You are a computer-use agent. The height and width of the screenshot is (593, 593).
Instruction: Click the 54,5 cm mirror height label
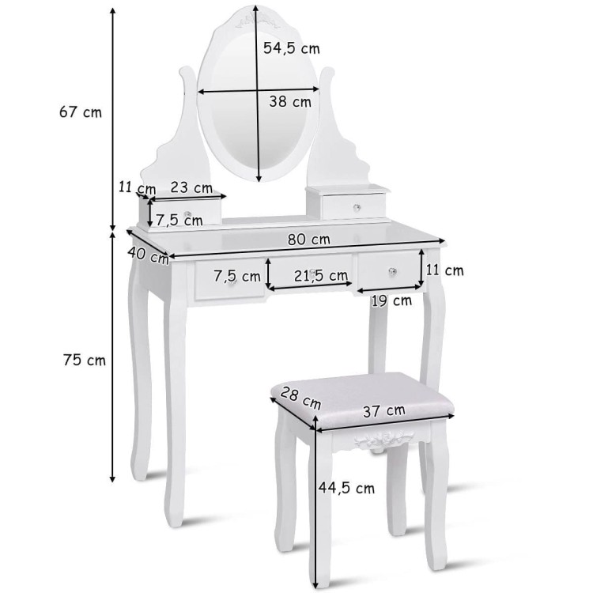tap(292, 48)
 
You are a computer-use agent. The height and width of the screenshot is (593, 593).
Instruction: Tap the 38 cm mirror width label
tap(290, 101)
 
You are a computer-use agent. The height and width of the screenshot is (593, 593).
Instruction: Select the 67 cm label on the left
tap(81, 112)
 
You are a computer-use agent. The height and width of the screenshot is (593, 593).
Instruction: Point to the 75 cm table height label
tap(85, 360)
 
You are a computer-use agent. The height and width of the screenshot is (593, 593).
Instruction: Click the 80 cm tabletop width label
tap(308, 240)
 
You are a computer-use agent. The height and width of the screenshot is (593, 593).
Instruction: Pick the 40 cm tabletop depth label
tap(149, 255)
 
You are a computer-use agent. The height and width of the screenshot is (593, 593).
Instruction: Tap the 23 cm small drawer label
tap(191, 187)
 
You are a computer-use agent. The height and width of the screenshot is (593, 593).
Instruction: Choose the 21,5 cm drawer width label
tap(321, 276)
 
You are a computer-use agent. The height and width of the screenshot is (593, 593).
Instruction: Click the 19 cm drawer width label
tap(391, 301)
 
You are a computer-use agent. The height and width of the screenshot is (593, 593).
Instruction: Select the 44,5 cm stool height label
tap(346, 488)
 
